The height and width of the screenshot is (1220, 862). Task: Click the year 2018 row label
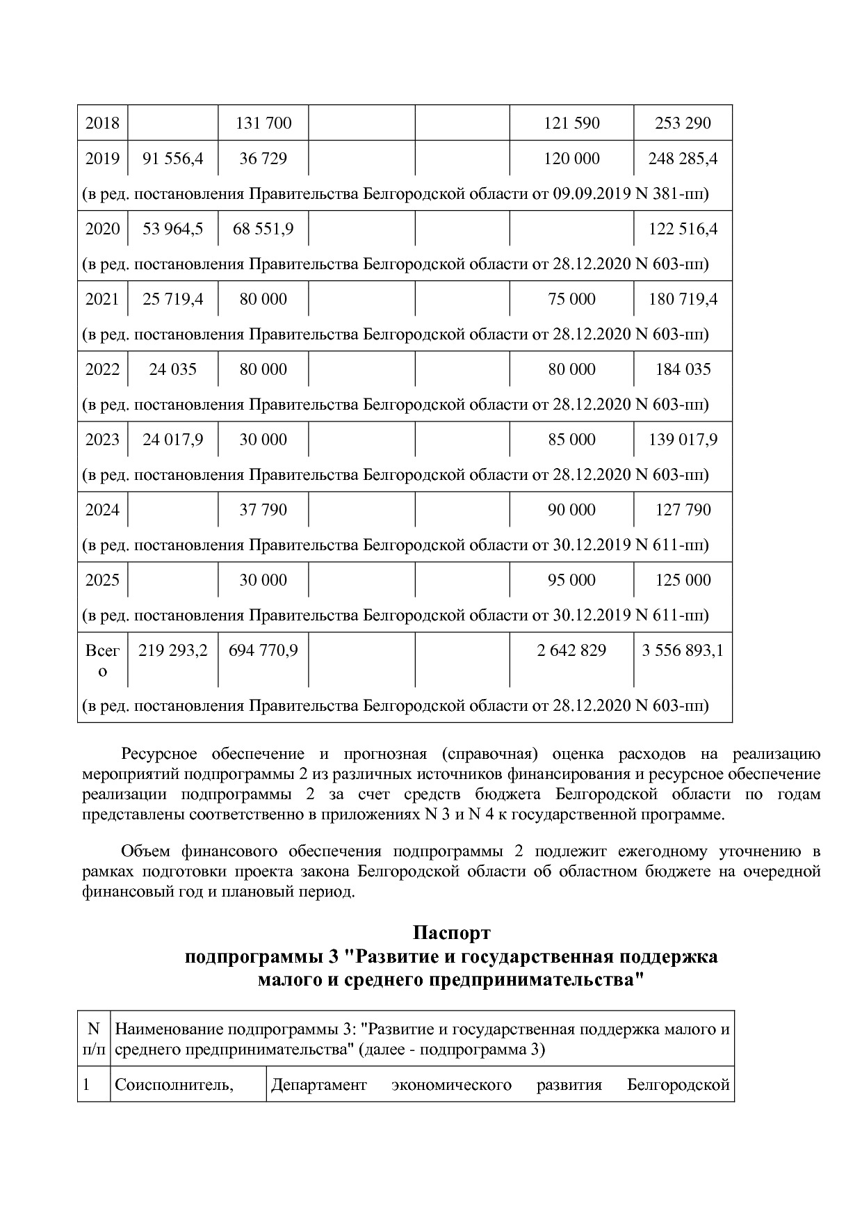click(x=102, y=123)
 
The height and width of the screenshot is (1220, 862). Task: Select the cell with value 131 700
click(x=263, y=123)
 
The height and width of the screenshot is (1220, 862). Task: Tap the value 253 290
click(x=683, y=123)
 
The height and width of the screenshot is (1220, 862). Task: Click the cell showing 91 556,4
click(x=172, y=159)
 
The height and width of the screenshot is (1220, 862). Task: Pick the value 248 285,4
click(x=683, y=159)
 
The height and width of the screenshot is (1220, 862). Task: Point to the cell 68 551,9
click(x=263, y=229)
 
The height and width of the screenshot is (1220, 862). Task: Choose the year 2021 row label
click(x=102, y=299)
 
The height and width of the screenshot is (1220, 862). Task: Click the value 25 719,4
click(x=172, y=299)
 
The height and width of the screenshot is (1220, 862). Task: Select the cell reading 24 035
click(x=172, y=369)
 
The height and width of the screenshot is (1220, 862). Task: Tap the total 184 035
click(x=683, y=369)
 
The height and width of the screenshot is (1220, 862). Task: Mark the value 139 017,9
click(x=683, y=440)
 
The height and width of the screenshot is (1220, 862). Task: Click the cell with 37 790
click(x=263, y=510)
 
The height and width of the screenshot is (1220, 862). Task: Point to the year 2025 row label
click(x=102, y=580)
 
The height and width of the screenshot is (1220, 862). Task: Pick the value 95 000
click(x=571, y=580)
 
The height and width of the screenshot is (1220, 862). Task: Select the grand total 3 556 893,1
click(x=683, y=650)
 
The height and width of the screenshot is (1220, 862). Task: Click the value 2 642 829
click(x=571, y=650)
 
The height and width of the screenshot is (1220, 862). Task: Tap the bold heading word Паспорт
click(x=451, y=932)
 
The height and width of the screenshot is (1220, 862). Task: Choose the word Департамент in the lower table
click(x=318, y=1085)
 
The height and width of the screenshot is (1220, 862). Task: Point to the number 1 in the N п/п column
click(x=86, y=1085)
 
